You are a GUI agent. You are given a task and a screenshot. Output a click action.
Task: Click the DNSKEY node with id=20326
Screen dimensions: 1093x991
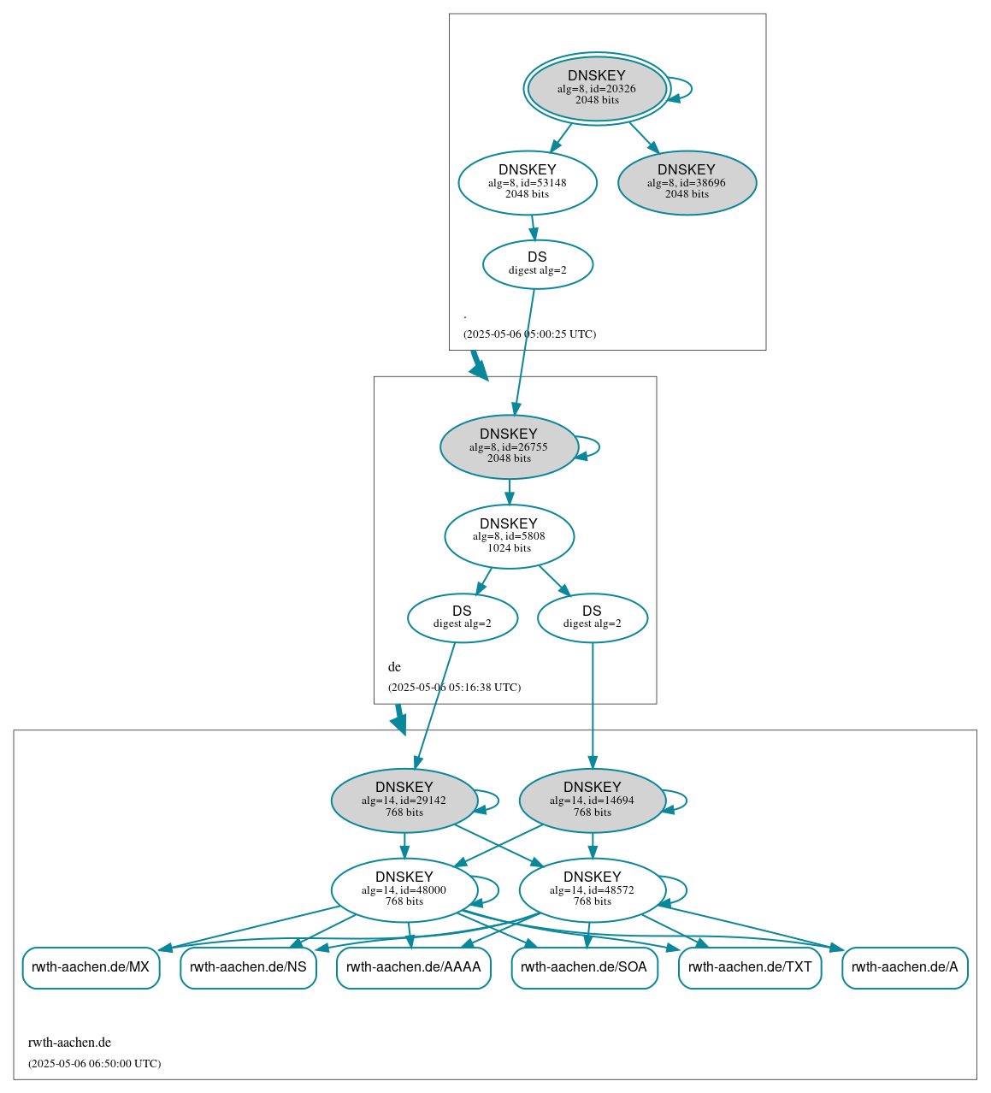pyautogui.click(x=597, y=88)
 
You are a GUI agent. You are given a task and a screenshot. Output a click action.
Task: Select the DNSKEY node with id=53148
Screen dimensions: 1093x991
pyautogui.click(x=528, y=182)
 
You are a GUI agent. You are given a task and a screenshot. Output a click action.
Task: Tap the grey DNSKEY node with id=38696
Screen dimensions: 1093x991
pyautogui.click(x=687, y=182)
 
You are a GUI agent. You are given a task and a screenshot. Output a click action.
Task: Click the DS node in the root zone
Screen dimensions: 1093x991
pyautogui.click(x=537, y=264)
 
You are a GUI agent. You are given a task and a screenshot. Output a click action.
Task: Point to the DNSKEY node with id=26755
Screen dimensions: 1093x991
pyautogui.click(x=509, y=446)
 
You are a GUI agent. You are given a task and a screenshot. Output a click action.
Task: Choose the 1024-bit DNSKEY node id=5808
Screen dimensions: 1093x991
pyautogui.click(x=509, y=536)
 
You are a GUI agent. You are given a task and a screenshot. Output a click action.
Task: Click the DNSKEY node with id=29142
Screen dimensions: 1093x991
pyautogui.click(x=404, y=801)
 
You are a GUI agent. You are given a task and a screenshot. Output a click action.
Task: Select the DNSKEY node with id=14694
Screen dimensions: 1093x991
pyautogui.click(x=592, y=801)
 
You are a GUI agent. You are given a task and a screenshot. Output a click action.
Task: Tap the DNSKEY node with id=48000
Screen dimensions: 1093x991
pyautogui.click(x=404, y=890)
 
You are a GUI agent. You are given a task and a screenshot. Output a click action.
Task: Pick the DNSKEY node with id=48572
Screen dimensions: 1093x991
pyautogui.click(x=592, y=890)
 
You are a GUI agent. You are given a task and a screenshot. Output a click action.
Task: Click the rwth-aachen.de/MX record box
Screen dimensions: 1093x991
pyautogui.click(x=91, y=967)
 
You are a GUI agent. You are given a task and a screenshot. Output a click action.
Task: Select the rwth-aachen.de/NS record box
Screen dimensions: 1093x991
pyautogui.click(x=248, y=967)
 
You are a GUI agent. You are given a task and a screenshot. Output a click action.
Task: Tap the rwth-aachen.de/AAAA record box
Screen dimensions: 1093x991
pyautogui.click(x=413, y=967)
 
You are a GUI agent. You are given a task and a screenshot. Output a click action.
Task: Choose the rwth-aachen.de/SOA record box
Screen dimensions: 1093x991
pyautogui.click(x=584, y=967)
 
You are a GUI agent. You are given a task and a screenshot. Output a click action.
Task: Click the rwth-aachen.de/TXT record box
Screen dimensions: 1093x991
pyautogui.click(x=750, y=967)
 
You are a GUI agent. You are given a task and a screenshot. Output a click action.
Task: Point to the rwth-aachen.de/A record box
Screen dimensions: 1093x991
pyautogui.click(x=905, y=967)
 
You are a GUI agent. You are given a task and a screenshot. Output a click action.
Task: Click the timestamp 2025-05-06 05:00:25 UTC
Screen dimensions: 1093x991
pyautogui.click(x=529, y=334)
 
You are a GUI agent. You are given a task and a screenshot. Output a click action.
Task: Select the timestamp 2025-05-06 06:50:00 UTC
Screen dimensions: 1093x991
pyautogui.click(x=94, y=1063)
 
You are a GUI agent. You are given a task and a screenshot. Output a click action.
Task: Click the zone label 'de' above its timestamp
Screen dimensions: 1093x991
pyautogui.click(x=394, y=667)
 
